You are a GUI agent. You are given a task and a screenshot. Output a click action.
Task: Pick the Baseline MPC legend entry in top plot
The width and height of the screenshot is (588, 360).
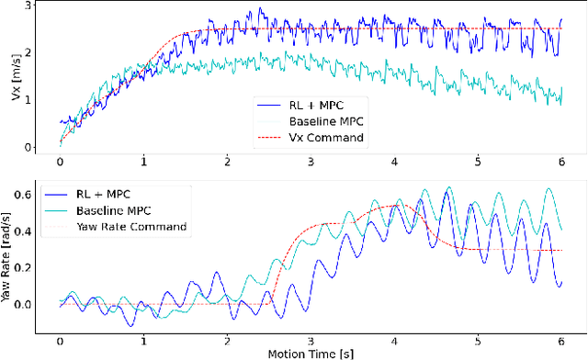click(x=313, y=120)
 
